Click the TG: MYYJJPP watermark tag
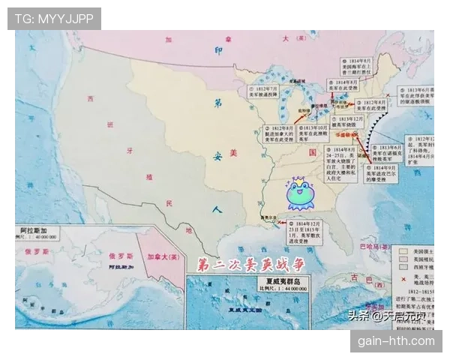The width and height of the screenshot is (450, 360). (x=54, y=19)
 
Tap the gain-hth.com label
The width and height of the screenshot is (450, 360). (x=396, y=341)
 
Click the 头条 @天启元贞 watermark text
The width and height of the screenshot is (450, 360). (x=387, y=316)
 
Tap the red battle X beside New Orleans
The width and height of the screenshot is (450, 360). (x=280, y=222)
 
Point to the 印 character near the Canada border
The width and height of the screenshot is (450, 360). (x=219, y=51)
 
